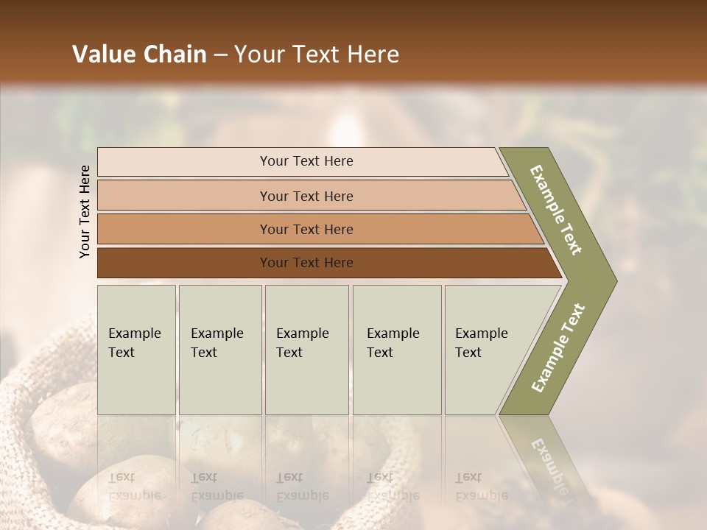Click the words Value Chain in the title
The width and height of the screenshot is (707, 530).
pos(139,54)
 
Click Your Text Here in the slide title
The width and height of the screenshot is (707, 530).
pos(317,54)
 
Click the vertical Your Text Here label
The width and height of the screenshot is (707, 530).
pos(85,211)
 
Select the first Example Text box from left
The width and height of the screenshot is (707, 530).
pos(136,350)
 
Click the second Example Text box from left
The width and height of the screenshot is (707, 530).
pos(219,350)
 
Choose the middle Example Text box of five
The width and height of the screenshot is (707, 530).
pos(306,350)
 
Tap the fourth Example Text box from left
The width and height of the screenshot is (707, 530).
pos(396,350)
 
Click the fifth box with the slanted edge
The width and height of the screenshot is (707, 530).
pos(486,350)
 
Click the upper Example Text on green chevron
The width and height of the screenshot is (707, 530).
pos(556,210)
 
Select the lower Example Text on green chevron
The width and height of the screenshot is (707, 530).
pos(557,348)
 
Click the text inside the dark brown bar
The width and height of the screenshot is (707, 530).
pos(306,263)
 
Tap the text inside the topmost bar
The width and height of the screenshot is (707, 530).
pos(306,161)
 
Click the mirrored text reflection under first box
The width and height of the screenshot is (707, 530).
pos(134,487)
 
